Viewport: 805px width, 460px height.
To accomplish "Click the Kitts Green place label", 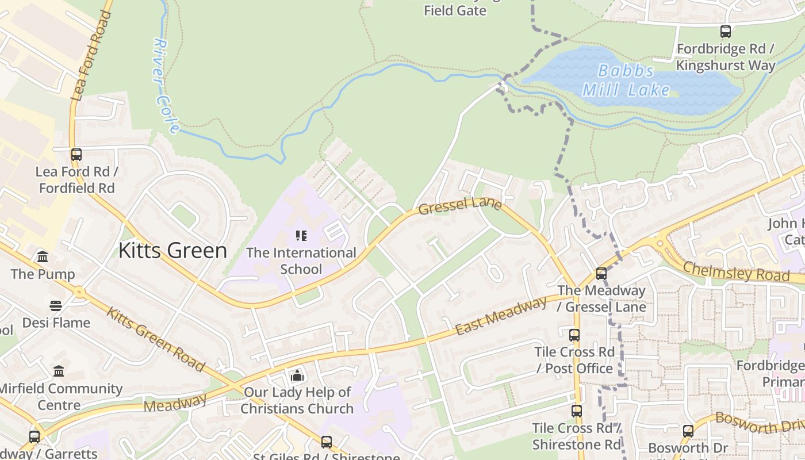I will (x=172, y=251).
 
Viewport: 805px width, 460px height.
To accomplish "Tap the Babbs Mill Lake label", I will (x=626, y=80).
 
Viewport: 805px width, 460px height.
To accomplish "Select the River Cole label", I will (x=167, y=86).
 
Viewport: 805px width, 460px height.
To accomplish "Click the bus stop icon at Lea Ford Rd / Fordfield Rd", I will (x=76, y=155).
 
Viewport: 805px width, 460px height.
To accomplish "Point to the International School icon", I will (x=301, y=236).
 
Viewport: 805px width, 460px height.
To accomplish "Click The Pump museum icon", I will (x=43, y=257).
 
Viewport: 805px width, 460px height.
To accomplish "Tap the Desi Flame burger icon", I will (x=56, y=306).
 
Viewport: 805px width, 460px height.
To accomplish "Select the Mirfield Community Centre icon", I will (x=59, y=371).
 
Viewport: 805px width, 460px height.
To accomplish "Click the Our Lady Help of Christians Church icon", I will (x=297, y=376).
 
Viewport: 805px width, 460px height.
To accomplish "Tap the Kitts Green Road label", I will (x=155, y=340).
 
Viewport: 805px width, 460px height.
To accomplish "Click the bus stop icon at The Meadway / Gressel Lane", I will (x=601, y=274).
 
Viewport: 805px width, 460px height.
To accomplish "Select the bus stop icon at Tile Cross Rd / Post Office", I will (x=574, y=335).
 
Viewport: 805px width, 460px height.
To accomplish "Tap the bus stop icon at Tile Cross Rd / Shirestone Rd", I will (x=577, y=411).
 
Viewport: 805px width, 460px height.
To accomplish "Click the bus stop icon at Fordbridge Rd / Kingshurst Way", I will (x=726, y=32).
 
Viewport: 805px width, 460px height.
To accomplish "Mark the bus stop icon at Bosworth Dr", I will (x=688, y=431).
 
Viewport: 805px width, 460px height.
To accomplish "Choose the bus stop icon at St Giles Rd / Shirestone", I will (x=327, y=442).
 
